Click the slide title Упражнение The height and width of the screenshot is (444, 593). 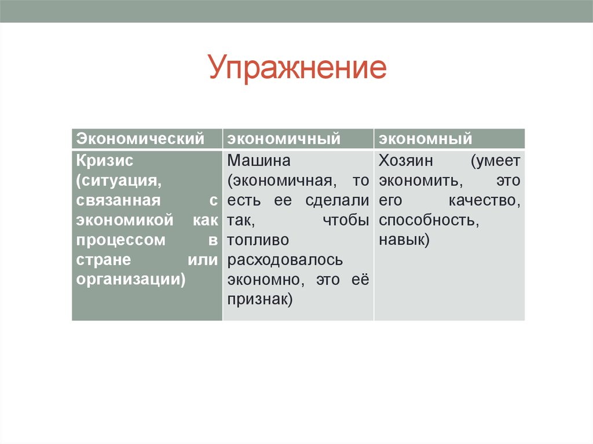click(x=297, y=68)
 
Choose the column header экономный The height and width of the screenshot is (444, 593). click(x=426, y=139)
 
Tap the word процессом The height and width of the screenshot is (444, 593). click(x=120, y=240)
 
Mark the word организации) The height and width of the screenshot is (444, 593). click(x=131, y=280)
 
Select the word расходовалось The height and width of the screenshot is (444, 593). click(x=285, y=260)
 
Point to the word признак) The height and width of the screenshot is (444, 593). click(x=261, y=300)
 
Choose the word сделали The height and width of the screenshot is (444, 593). click(x=337, y=200)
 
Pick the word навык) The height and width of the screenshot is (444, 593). click(x=404, y=240)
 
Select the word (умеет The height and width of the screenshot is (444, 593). click(x=495, y=160)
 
